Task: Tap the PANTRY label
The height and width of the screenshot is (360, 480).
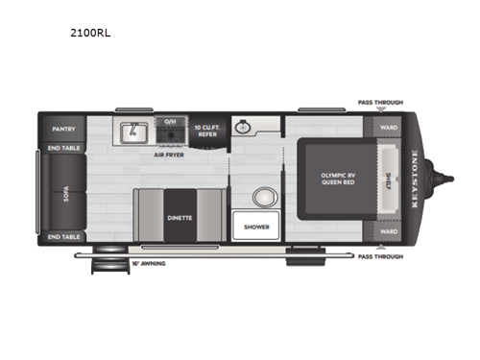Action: pos(64,126)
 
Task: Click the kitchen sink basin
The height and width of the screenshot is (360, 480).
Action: pos(133,130)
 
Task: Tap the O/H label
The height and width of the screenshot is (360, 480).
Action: pos(170,121)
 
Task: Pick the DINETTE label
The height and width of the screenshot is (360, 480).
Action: pos(181,218)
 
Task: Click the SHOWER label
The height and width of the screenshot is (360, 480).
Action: pos(256,226)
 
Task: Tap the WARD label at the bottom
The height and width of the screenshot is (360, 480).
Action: pos(388,231)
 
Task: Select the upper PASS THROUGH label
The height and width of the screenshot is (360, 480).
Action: pos(380,102)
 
